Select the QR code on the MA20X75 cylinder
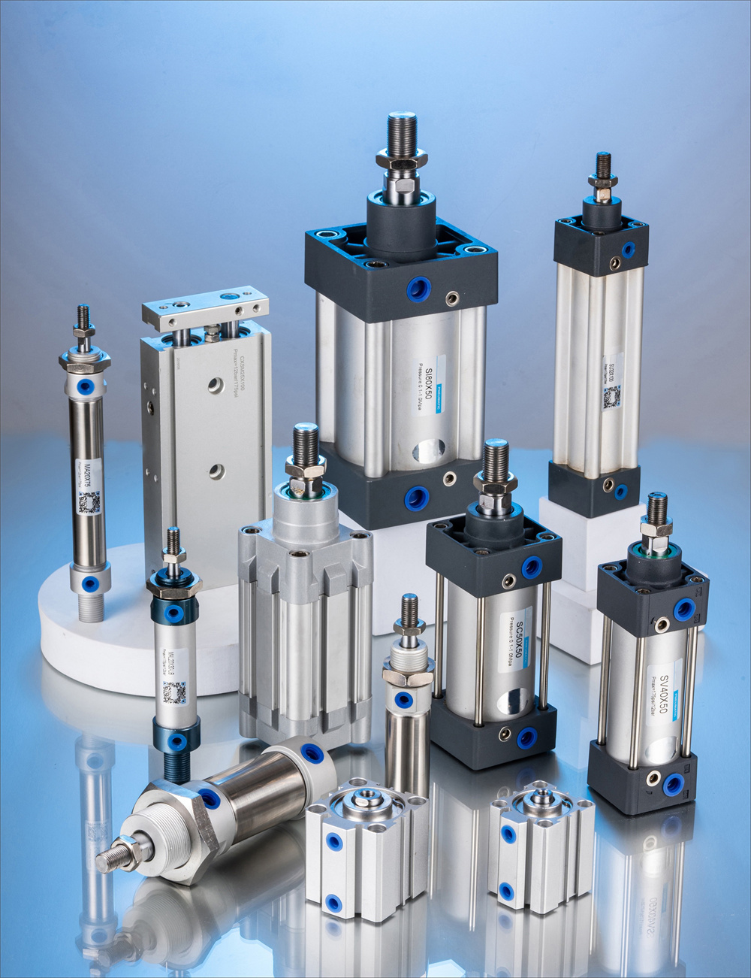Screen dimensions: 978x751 [89, 503]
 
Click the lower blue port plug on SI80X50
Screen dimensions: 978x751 [417, 498]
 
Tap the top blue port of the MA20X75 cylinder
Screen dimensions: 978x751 [86, 387]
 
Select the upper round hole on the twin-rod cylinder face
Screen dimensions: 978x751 [216, 386]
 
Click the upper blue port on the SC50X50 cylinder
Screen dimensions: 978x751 [532, 567]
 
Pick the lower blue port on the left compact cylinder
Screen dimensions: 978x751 [333, 902]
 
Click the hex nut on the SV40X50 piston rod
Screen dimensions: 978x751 [656, 528]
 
